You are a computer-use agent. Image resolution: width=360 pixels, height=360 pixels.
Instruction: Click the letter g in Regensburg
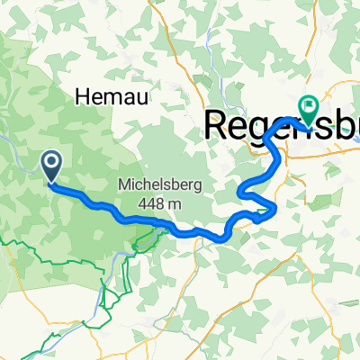pos(262,128)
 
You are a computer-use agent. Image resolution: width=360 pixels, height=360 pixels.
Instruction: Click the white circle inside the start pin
pos(51,161)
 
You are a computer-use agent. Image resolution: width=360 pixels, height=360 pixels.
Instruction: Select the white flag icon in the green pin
pos(309,105)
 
